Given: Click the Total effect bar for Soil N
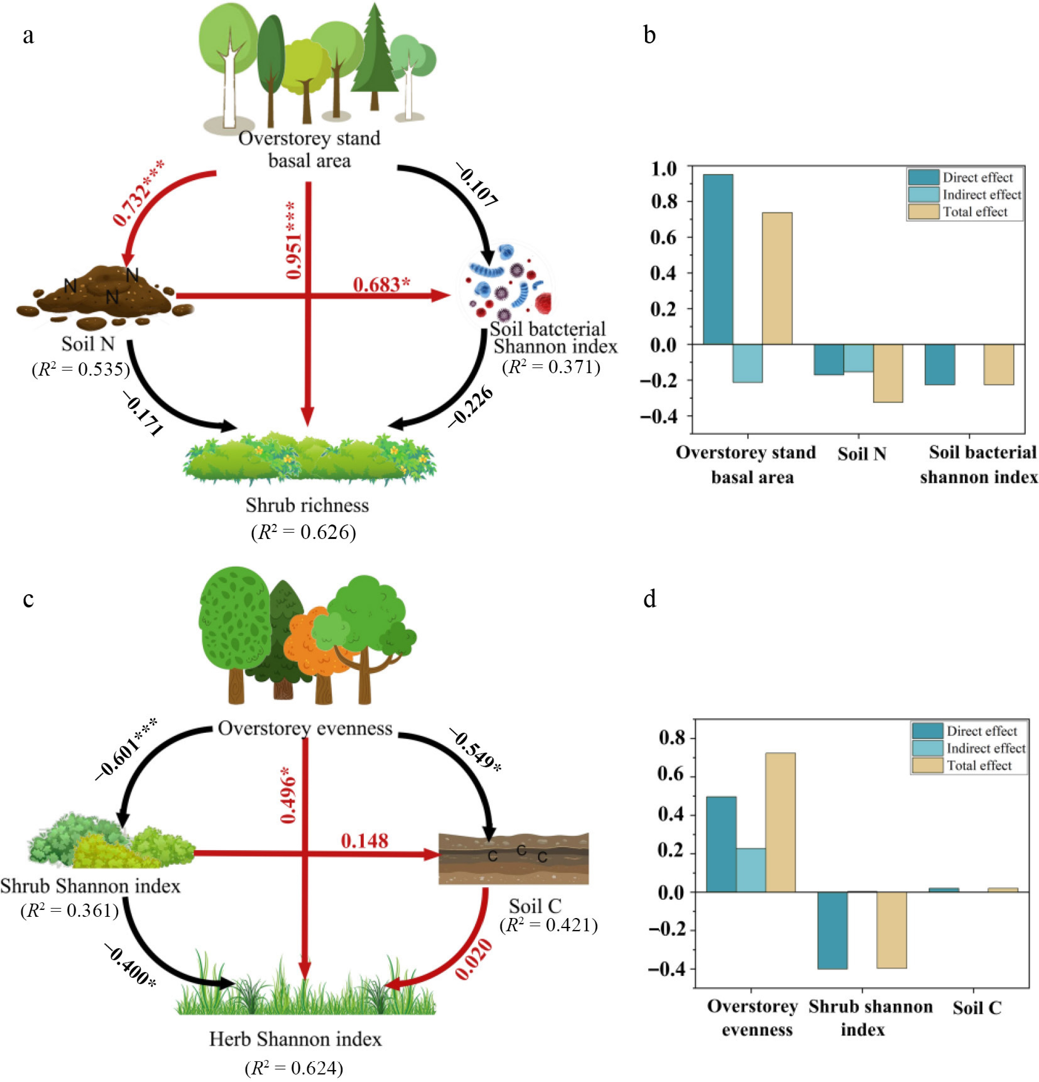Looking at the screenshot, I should coord(887,373).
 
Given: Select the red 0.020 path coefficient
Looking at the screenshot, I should coord(473,960).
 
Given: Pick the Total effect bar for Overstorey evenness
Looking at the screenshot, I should coord(780,823).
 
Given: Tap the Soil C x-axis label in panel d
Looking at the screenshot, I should coord(976,1008).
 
